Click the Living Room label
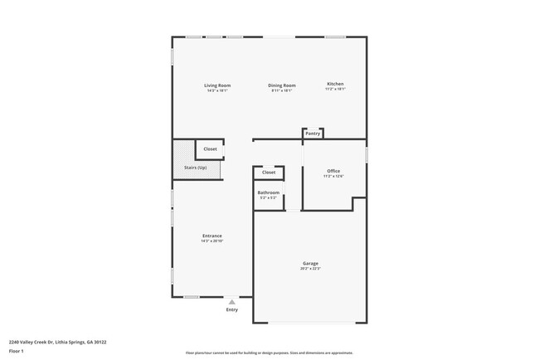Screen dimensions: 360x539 coord(218,85)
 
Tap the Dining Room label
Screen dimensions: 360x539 coord(282,85)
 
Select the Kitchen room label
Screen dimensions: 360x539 coord(335,84)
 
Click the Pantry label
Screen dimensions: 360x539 coord(313,133)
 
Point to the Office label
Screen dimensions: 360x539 coord(333,171)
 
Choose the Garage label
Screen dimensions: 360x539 coord(310,264)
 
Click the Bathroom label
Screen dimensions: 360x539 coord(269,192)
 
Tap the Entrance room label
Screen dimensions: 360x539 coord(212,236)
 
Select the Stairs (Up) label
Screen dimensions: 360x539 coord(196,168)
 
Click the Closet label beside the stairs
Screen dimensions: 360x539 coord(211,149)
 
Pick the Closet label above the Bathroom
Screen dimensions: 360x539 coord(269,173)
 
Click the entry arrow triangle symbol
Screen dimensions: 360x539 coord(232,303)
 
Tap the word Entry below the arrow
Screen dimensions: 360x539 coord(232,310)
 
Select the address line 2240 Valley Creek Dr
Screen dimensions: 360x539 coord(57,341)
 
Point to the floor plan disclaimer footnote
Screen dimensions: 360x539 coord(269,352)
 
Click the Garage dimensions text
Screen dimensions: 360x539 coord(310,269)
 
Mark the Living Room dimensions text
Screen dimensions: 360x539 coord(218,90)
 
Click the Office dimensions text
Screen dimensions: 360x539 coord(333,176)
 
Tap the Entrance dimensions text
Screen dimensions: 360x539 coord(212,241)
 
